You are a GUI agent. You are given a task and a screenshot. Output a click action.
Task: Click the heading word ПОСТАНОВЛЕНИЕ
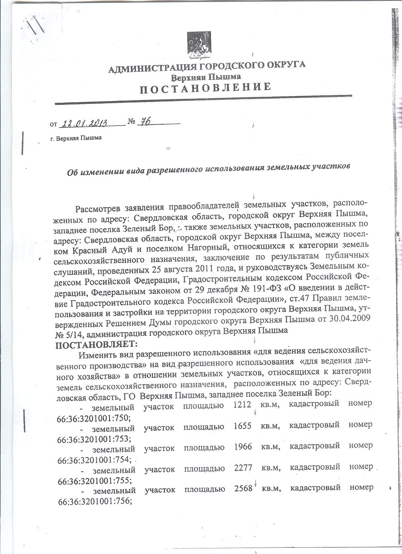205,87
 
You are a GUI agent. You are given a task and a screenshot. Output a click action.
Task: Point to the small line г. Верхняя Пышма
76,138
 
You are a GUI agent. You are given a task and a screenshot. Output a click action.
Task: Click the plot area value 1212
242,403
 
